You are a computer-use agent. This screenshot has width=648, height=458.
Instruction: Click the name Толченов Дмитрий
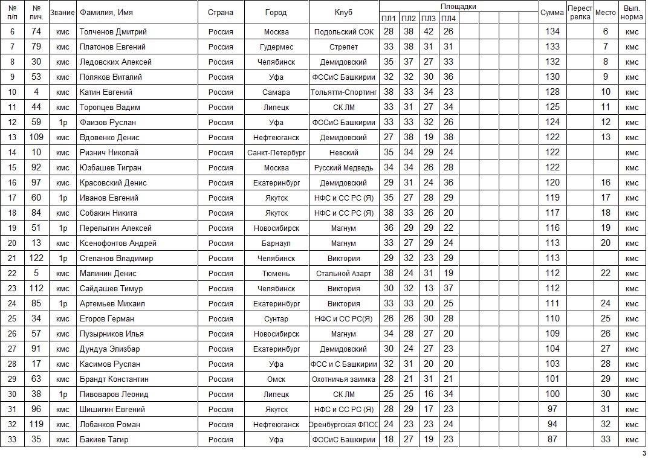point(113,31)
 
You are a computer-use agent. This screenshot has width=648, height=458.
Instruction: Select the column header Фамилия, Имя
point(106,13)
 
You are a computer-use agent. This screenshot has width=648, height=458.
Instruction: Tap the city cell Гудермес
point(276,47)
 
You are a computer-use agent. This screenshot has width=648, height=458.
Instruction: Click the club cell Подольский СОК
point(343,31)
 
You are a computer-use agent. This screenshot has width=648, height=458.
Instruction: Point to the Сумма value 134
point(552,31)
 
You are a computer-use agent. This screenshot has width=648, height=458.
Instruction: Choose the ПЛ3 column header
point(429,18)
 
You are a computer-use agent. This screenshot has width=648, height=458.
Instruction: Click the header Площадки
point(458,6)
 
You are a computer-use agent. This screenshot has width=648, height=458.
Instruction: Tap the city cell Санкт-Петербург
point(276,152)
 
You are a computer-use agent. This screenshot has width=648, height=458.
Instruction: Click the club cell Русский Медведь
point(343,167)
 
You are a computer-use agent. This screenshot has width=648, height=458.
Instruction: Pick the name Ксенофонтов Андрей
point(118,243)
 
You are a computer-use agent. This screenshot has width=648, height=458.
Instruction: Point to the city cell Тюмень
point(276,273)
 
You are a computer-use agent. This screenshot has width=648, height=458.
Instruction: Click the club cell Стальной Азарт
point(343,273)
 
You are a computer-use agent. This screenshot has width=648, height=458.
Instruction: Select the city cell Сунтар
point(276,318)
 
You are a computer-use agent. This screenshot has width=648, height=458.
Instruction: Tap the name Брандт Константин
point(114,379)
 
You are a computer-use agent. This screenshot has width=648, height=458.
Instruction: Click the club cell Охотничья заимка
point(343,379)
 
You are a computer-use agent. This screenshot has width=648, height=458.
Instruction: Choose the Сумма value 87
point(552,439)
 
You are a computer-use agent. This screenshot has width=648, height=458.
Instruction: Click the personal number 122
point(36,258)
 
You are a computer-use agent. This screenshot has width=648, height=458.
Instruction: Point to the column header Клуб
point(343,13)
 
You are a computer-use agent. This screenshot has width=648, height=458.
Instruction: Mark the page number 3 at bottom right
point(643,453)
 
